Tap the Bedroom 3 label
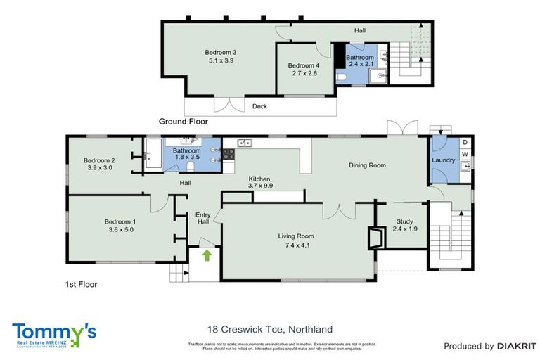coord(220,53)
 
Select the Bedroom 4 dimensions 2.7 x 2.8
coord(303,73)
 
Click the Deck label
coord(260,107)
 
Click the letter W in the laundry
coord(465,154)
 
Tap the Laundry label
coord(444,160)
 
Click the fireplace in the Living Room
coord(376,236)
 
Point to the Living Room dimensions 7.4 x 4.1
coord(295,245)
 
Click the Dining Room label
coord(368,165)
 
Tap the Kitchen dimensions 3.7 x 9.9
coord(259,187)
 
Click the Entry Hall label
coord(202,219)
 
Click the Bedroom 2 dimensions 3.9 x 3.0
coord(99,168)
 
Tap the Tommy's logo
coord(53,333)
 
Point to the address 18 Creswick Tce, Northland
coord(269,329)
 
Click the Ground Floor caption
coord(182,122)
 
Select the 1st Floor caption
coord(77,285)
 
